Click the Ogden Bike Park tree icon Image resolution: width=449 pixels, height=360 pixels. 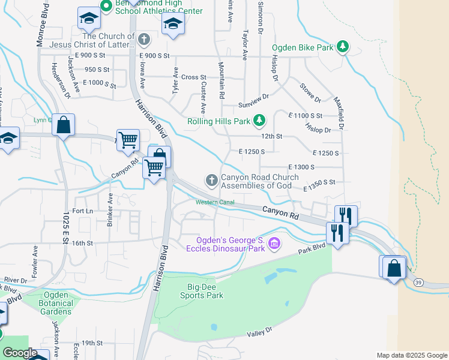coord(343,46)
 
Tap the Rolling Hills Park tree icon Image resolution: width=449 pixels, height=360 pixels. coord(259,121)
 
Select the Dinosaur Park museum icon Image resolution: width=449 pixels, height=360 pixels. coord(274,243)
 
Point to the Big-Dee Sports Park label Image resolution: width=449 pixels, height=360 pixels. coord(203,290)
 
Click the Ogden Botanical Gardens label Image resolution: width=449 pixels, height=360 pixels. coord(58,303)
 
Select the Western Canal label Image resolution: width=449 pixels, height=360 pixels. coord(214,202)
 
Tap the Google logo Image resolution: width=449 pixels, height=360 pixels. coord(20,353)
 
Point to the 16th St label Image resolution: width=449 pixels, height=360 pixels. coord(82,243)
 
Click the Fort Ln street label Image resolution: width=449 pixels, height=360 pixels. coord(82,211)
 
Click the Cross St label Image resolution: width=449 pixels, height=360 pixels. coord(193,77)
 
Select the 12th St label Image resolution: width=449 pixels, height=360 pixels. coord(271,137)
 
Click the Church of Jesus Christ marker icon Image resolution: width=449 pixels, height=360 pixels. coord(143,40)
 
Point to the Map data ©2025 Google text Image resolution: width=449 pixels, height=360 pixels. coord(411,355)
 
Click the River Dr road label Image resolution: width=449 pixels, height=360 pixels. coord(16,280)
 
